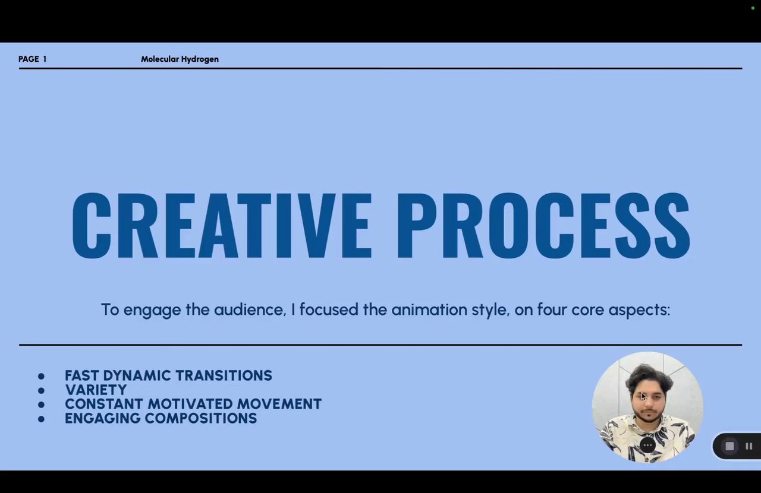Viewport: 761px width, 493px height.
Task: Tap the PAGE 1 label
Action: (33, 59)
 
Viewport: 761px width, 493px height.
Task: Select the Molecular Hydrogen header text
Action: (180, 59)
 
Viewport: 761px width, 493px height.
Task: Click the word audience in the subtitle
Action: (250, 309)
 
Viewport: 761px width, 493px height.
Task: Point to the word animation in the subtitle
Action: (429, 309)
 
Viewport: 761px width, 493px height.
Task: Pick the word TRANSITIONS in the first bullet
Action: (224, 375)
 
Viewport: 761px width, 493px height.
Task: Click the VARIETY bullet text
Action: (96, 390)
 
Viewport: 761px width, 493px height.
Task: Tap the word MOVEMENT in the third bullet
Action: (279, 404)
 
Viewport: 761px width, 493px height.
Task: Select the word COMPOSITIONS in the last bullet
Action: (201, 418)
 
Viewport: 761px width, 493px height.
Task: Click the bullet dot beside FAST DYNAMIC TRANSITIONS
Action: (42, 376)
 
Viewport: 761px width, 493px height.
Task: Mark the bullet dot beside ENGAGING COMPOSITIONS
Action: (42, 419)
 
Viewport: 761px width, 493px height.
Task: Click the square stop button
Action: (729, 446)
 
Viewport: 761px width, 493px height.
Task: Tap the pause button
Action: (749, 446)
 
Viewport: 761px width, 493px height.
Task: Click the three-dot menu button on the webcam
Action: (647, 445)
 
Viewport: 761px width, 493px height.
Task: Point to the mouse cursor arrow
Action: (644, 397)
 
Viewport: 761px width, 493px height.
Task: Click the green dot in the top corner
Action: (753, 8)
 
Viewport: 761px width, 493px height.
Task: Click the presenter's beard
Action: (649, 415)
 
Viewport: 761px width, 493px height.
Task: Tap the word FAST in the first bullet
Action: (82, 375)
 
